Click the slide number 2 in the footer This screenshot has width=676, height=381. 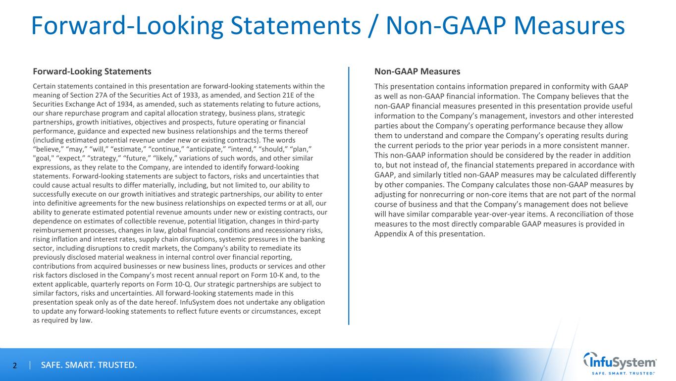pos(14,366)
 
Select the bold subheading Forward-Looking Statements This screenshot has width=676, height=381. pos(92,71)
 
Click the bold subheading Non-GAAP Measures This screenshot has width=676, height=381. pos(417,71)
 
